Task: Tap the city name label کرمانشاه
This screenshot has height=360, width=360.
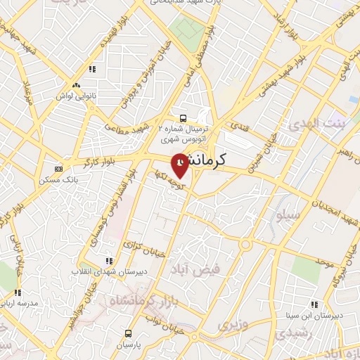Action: click(x=215, y=160)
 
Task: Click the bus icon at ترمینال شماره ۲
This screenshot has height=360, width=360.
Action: click(x=183, y=118)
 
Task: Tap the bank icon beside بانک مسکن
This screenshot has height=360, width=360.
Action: click(x=58, y=169)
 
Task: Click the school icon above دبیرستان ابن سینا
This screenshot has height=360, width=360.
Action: click(x=314, y=304)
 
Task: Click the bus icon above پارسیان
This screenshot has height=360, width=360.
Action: click(x=128, y=334)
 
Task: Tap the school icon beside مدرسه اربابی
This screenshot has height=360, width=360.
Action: click(x=18, y=292)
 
